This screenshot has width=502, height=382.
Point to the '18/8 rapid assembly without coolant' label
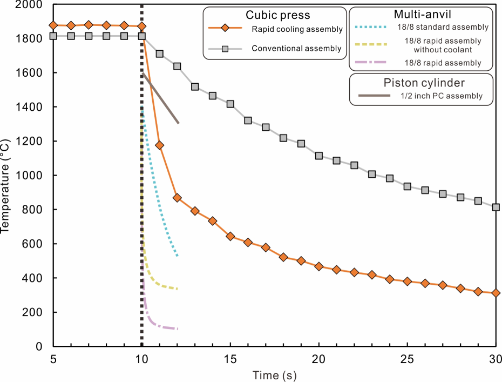(x=443, y=45)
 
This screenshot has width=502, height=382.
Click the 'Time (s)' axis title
(x=275, y=374)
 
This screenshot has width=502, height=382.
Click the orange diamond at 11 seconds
(x=160, y=145)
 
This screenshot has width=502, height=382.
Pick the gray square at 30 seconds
(x=496, y=207)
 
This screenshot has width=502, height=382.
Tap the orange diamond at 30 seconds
(x=496, y=293)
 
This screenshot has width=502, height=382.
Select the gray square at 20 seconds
(x=319, y=156)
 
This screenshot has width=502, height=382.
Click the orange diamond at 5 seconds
(x=53, y=25)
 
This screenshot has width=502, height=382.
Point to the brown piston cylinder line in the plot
(x=161, y=98)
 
